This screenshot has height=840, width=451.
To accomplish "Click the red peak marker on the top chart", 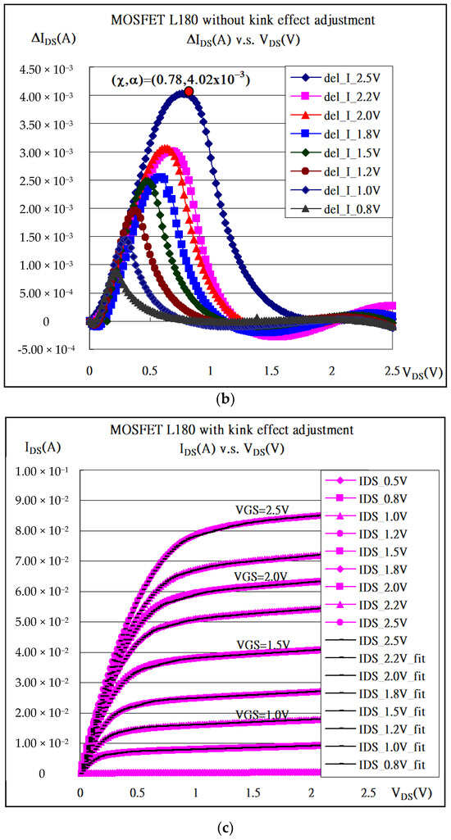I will pyautogui.click(x=189, y=92).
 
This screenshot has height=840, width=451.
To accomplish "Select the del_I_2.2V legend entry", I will pyautogui.click(x=337, y=98).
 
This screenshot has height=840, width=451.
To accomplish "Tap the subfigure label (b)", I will pyautogui.click(x=225, y=400).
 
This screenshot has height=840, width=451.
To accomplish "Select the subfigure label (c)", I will pyautogui.click(x=225, y=828).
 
